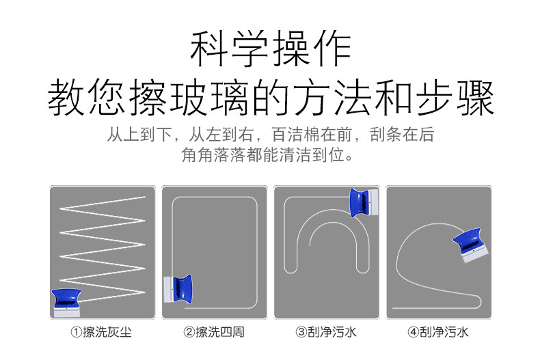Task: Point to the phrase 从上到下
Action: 134,134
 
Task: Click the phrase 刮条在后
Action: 406,134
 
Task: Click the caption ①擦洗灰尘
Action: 101,333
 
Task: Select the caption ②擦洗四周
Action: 213,333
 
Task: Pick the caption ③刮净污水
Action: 326,333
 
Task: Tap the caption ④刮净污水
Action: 438,333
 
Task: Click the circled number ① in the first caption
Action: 77,333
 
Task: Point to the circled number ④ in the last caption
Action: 414,333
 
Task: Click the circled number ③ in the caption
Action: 301,333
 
